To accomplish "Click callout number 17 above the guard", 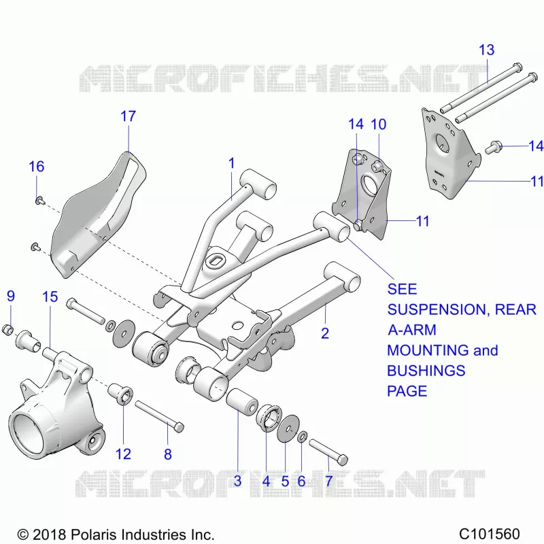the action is coord(128,116).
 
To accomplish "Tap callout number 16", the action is coord(37,167).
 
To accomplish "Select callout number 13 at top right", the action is coord(486,50).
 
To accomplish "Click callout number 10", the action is coord(379,124).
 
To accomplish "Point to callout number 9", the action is coord(11,296).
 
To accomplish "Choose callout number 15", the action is coord(50,297).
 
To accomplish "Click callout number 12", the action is coord(123,454).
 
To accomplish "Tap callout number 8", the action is coord(168,454).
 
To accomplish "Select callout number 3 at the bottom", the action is coord(237,481).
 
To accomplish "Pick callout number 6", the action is coord(301,481).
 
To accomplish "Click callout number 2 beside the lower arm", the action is coord(325,333).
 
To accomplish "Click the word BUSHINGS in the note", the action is coord(426,371).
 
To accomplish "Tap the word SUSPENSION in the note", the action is coord(438,309).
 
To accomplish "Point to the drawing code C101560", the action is coord(489,534).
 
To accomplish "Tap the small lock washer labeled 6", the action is coord(302,437).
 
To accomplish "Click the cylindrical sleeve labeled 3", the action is coord(242,403).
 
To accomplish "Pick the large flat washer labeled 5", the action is coord(288,428).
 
